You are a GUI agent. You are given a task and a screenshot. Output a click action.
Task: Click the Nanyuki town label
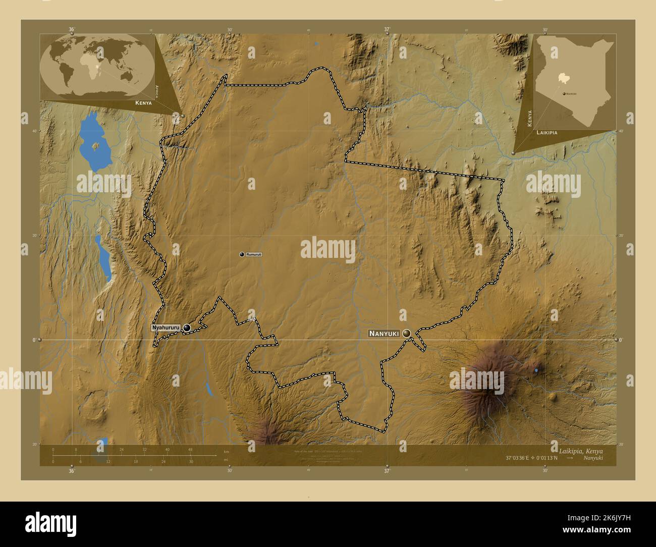(384, 334)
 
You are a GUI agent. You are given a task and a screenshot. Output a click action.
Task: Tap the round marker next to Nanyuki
(407, 333)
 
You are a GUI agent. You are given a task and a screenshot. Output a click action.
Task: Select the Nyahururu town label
(166, 328)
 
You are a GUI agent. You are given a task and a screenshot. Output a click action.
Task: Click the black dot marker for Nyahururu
(187, 328)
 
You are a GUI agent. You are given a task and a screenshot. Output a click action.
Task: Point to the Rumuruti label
(254, 254)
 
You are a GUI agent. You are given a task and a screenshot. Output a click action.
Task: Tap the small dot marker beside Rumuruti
(242, 254)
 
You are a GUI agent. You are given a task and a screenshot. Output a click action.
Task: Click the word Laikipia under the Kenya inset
(547, 132)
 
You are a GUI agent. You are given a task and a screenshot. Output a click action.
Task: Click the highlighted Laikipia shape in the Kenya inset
(563, 78)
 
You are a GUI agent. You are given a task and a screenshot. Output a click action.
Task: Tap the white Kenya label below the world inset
(143, 102)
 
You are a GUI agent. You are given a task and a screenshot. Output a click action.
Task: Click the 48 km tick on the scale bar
(190, 449)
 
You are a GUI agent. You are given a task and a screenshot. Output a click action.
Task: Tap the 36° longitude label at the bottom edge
(72, 471)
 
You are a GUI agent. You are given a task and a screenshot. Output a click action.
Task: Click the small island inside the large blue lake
(96, 146)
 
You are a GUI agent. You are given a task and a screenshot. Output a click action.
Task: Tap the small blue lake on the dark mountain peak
(536, 371)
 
